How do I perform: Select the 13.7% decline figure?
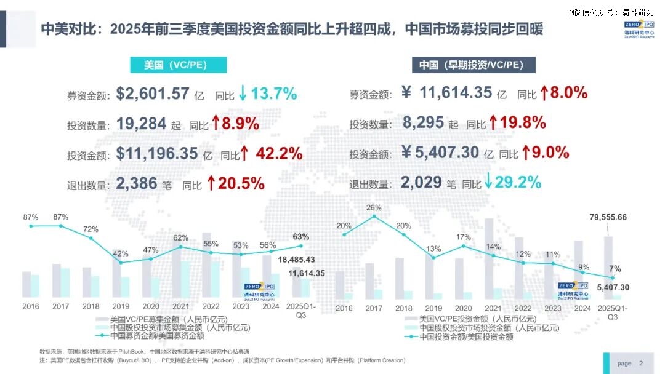click(x=274, y=94)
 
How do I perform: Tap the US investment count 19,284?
click(x=142, y=124)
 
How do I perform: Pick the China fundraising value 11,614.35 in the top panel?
click(x=456, y=92)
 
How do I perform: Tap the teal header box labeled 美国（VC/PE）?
click(x=177, y=65)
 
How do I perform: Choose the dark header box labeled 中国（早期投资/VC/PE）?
click(x=473, y=65)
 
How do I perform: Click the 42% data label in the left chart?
click(x=121, y=253)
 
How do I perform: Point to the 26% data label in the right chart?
click(x=374, y=207)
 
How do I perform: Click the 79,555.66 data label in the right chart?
click(x=608, y=217)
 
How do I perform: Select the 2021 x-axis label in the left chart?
click(x=180, y=306)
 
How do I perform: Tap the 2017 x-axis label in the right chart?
click(x=374, y=308)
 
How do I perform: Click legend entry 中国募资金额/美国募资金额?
click(x=157, y=336)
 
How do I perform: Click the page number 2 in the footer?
click(x=641, y=364)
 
